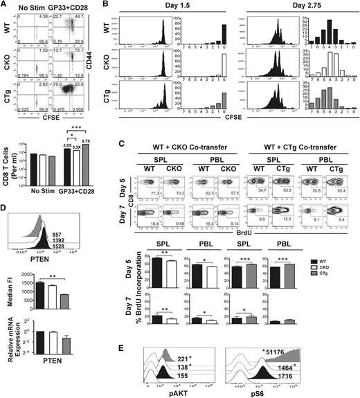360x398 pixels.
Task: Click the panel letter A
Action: click(6, 6)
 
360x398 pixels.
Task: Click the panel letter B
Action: click(105, 6)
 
